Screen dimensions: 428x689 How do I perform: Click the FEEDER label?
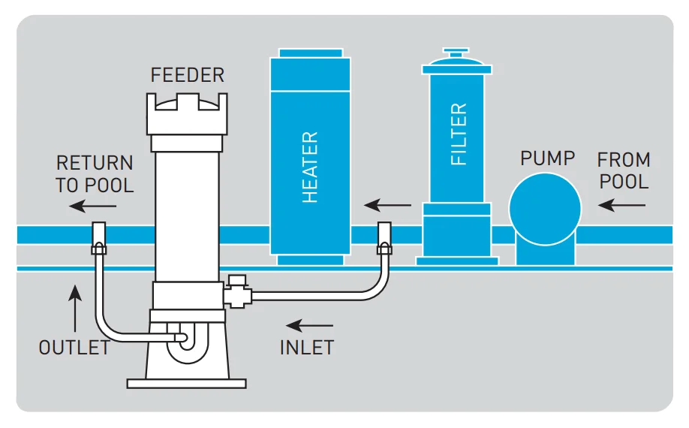(187, 75)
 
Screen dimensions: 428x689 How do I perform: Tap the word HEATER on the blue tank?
(310, 167)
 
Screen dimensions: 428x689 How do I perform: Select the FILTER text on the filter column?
(459, 134)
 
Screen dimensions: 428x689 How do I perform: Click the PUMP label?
(547, 158)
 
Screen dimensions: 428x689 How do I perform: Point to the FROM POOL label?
(624, 170)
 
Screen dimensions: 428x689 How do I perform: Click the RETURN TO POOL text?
(95, 173)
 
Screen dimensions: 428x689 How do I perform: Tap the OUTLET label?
(74, 348)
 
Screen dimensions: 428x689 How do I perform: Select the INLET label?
(306, 348)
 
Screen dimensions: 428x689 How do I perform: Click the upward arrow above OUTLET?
(74, 308)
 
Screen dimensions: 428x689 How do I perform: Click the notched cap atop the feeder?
(187, 113)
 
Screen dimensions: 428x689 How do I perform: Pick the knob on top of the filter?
(456, 55)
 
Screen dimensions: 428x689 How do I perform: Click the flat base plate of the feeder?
(186, 383)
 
